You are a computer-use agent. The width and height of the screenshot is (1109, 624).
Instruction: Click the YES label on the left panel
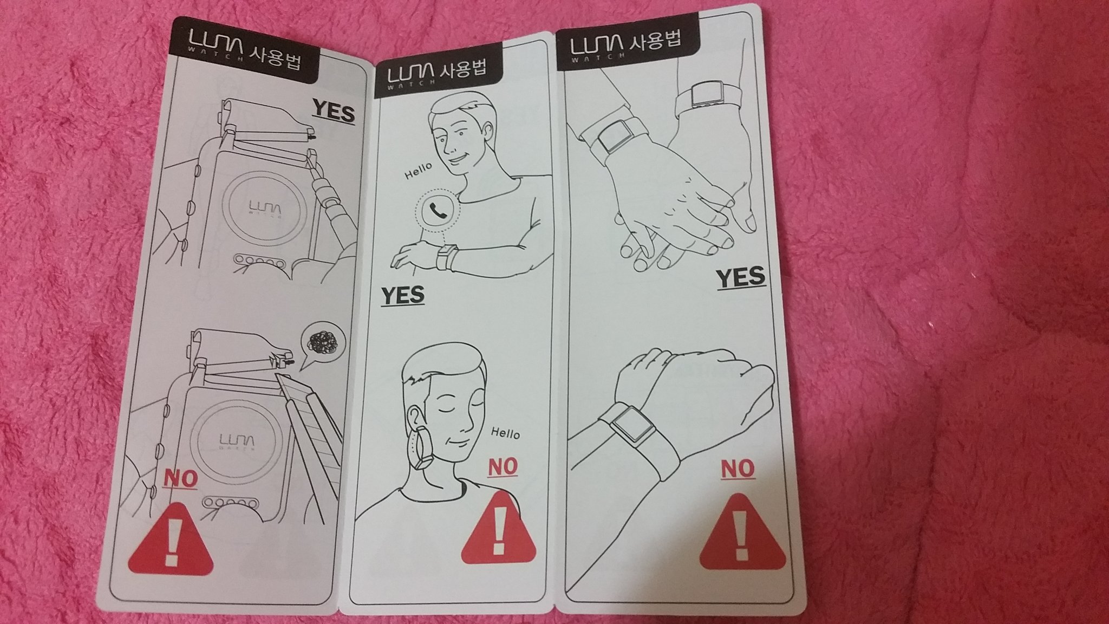(x=334, y=113)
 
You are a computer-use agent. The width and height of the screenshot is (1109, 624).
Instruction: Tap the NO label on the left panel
(x=180, y=478)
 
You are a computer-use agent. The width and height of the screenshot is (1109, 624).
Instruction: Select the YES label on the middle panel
(x=402, y=296)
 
